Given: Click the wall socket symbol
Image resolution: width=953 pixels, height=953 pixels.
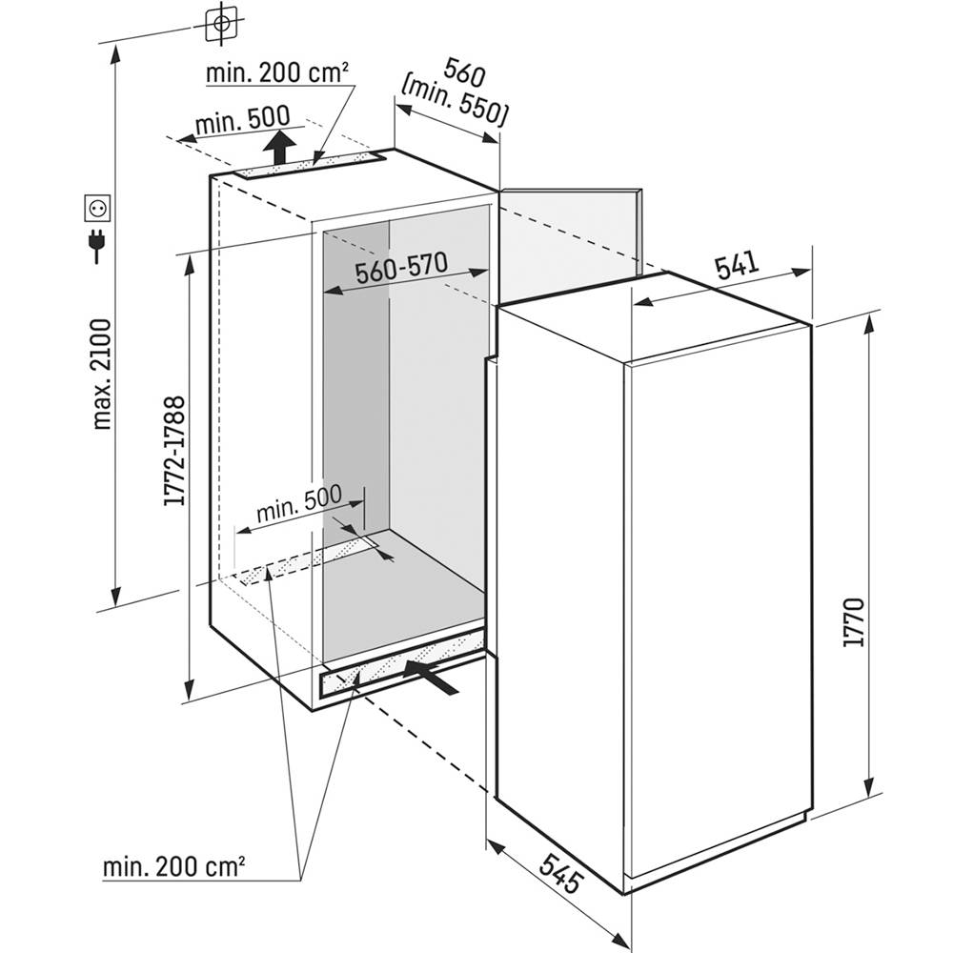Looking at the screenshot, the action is click(97, 207).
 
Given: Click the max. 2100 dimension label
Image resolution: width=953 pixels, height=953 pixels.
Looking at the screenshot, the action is click(102, 374).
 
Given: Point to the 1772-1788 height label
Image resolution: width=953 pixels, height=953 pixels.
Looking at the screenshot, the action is click(173, 451).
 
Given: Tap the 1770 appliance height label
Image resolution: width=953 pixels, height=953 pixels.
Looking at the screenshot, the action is click(854, 621).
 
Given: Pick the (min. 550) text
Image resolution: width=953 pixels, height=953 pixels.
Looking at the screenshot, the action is click(454, 102).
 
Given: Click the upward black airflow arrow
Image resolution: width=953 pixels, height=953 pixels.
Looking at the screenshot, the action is click(279, 146).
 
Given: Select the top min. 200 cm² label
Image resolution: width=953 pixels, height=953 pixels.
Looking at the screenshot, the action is click(277, 73).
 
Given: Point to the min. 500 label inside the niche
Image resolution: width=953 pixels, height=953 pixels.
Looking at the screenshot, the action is click(299, 502).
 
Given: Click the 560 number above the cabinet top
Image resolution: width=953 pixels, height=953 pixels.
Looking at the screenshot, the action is click(464, 71).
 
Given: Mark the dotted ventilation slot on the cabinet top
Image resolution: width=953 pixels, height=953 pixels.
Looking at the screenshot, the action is click(309, 166).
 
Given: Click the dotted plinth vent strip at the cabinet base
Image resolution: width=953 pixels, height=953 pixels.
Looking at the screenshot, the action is click(401, 663).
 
